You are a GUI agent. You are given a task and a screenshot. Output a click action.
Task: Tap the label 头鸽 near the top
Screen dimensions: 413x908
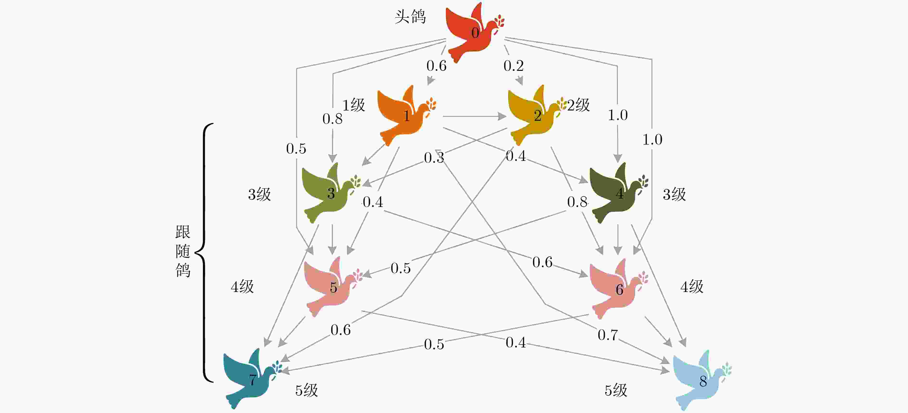pyautogui.click(x=410, y=17)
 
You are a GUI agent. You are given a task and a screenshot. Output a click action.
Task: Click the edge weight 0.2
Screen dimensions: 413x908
pyautogui.click(x=513, y=66)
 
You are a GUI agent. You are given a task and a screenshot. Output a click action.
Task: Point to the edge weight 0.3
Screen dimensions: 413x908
pyautogui.click(x=434, y=158)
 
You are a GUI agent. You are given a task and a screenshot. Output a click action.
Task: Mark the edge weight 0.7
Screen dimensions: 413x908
pyautogui.click(x=607, y=335)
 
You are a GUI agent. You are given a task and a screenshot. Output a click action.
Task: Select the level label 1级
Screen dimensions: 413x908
pyautogui.click(x=354, y=105)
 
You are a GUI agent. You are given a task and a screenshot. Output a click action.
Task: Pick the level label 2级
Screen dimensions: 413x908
pyautogui.click(x=578, y=105)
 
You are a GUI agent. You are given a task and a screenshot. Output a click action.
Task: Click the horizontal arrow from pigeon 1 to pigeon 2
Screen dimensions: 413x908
pyautogui.click(x=474, y=116)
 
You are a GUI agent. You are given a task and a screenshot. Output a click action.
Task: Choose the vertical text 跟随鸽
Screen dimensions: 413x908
pyautogui.click(x=183, y=251)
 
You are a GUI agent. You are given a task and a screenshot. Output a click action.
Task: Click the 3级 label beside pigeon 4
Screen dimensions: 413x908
pyautogui.click(x=674, y=194)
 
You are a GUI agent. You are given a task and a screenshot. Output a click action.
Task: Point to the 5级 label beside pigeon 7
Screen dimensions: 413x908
pyautogui.click(x=306, y=390)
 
